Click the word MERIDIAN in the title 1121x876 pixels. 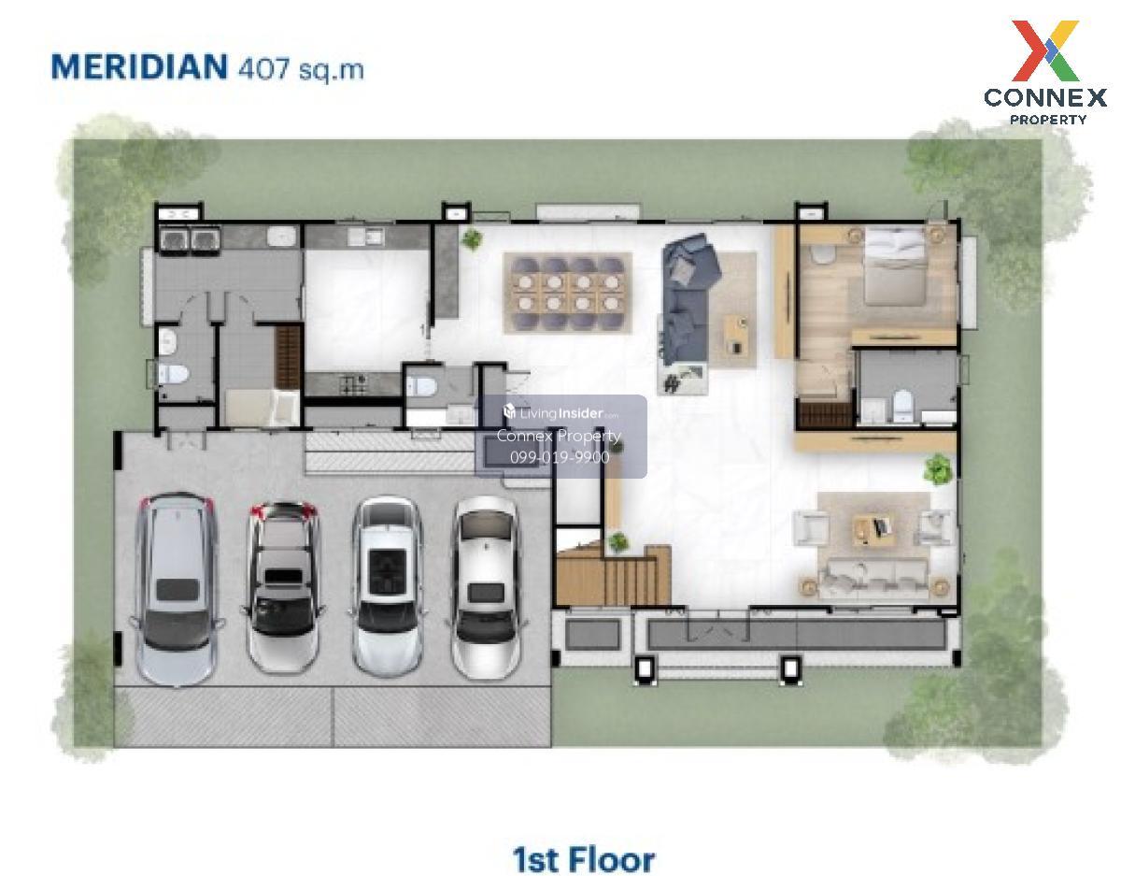pyautogui.click(x=139, y=66)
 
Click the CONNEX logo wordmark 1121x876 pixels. pyautogui.click(x=1045, y=97)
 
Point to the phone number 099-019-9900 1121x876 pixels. pyautogui.click(x=560, y=457)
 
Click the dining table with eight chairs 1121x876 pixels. pyautogui.click(x=567, y=294)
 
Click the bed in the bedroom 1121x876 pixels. pyautogui.click(x=893, y=266)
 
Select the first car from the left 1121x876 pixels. pyautogui.click(x=176, y=589)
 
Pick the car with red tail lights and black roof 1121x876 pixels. pyautogui.click(x=283, y=587)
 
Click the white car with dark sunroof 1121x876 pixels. pyautogui.click(x=388, y=587)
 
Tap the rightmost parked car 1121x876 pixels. pyautogui.click(x=486, y=588)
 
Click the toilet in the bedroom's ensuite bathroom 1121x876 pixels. pyautogui.click(x=902, y=406)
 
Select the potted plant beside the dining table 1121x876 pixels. pyautogui.click(x=472, y=239)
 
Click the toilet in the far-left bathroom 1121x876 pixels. pyautogui.click(x=173, y=374)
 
